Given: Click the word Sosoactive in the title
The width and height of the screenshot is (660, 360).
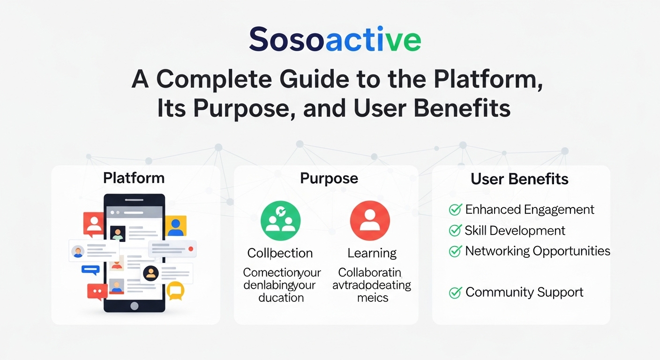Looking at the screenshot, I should coord(335,40).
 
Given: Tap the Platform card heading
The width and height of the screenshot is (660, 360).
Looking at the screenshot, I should coord(134,178).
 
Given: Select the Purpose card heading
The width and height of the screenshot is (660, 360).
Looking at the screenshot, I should coord(329,178).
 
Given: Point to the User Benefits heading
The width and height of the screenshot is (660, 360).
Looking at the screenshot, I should coord(519,179).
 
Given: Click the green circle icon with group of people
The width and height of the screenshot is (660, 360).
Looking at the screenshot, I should coord(280,221).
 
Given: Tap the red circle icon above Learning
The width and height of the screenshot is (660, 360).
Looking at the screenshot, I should coord(370,221).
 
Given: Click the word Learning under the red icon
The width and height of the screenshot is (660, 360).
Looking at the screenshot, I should coord(372,253).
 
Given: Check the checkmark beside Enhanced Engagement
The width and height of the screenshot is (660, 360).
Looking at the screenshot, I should coord(455,210).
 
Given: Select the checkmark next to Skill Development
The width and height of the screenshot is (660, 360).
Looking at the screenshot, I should coord(455,231).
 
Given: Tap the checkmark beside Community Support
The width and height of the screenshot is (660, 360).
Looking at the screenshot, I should coord(455,292).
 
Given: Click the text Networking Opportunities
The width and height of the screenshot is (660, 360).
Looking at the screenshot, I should coord(537,251).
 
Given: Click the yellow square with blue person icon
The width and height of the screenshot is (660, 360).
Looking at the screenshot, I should coord(175,226).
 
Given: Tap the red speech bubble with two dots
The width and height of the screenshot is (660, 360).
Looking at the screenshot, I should coord(97,292).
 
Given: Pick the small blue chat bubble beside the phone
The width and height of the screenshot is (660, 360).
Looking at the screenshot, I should coord(90,270).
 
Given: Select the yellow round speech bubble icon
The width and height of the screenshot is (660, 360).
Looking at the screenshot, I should coord(175,291).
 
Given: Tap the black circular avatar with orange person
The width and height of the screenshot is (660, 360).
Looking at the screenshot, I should coord(150,273).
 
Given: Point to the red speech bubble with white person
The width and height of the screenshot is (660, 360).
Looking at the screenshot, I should coord(93,223).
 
